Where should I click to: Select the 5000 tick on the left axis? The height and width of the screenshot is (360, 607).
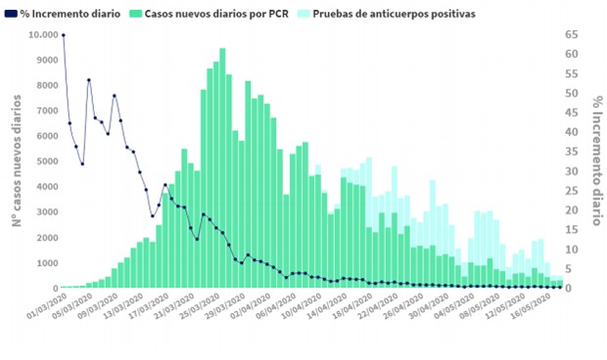43,161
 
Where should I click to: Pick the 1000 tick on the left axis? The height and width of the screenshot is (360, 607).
43,263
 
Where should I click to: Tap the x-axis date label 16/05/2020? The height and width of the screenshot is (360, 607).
539,308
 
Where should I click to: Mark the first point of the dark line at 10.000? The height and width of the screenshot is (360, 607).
64,35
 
